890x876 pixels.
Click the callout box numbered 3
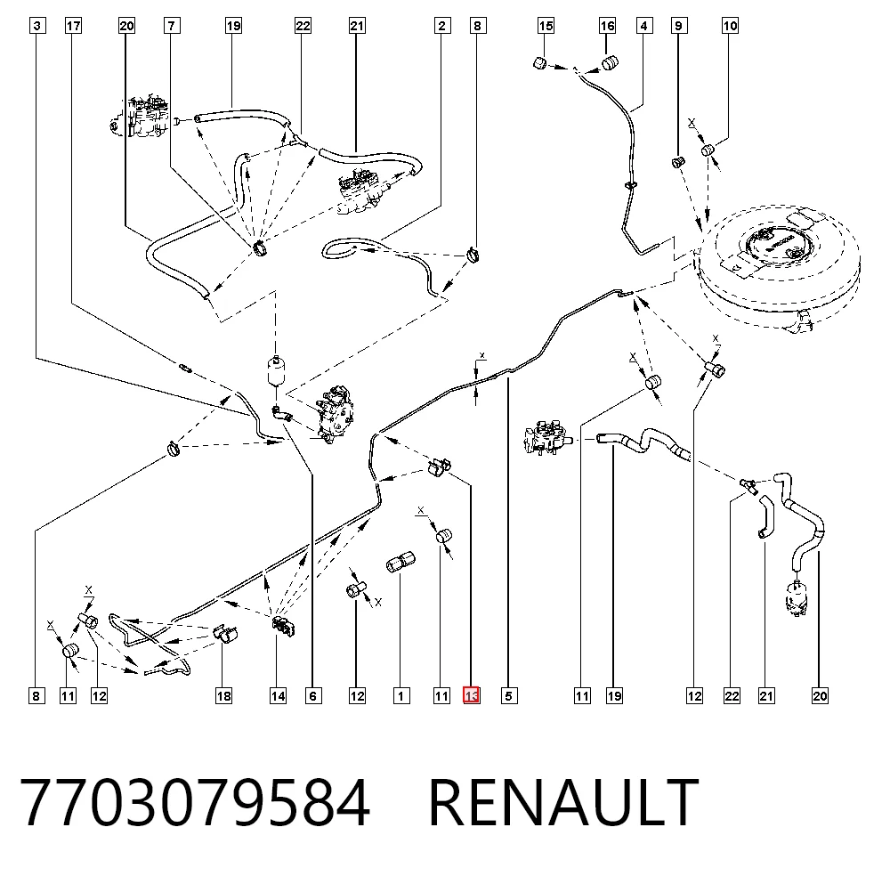pyautogui.click(x=36, y=26)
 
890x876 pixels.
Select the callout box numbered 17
pyautogui.click(x=73, y=26)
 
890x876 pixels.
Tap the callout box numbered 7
pyautogui.click(x=172, y=26)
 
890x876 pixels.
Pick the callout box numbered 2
pyautogui.click(x=442, y=26)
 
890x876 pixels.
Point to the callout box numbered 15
pyautogui.click(x=546, y=26)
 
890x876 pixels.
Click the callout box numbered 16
pyautogui.click(x=607, y=26)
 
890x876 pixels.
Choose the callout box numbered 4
pyautogui.click(x=643, y=26)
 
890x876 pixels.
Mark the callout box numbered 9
pyautogui.click(x=679, y=26)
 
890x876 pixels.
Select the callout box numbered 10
pyautogui.click(x=730, y=26)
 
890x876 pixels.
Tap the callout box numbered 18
pyautogui.click(x=223, y=695)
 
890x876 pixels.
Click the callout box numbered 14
pyautogui.click(x=278, y=695)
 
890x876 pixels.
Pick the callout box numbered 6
pyautogui.click(x=313, y=695)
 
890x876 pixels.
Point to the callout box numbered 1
pyautogui.click(x=401, y=695)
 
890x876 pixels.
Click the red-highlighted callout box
pyautogui.click(x=472, y=695)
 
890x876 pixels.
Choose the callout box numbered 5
pyautogui.click(x=509, y=695)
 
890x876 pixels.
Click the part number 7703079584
pyautogui.click(x=195, y=802)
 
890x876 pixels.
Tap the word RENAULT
pyautogui.click(x=563, y=802)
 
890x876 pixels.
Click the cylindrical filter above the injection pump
pyautogui.click(x=275, y=370)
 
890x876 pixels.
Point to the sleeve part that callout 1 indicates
pyautogui.click(x=400, y=562)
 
